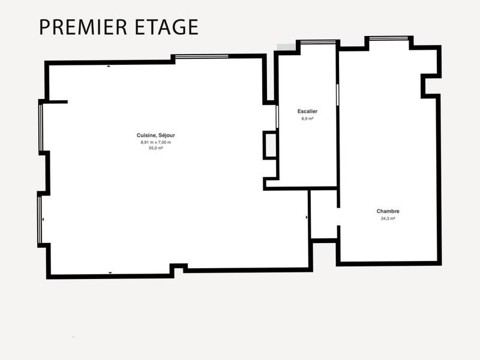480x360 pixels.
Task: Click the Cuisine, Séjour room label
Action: (156, 136)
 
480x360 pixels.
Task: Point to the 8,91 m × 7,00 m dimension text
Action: (156, 142)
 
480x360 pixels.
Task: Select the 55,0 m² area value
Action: (156, 148)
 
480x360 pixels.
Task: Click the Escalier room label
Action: (307, 112)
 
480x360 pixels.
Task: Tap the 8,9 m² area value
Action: (307, 119)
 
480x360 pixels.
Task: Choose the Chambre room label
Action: (388, 211)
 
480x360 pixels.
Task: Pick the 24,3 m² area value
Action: (388, 218)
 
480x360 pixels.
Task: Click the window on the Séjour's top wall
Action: (202, 56)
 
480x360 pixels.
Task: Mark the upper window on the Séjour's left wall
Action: (40, 127)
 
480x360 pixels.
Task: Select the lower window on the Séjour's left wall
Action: (40, 220)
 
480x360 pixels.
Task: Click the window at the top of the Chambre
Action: (389, 38)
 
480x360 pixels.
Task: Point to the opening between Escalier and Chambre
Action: (338, 96)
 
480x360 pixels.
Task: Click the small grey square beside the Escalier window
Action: (286, 47)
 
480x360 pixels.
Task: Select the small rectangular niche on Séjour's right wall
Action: (271, 145)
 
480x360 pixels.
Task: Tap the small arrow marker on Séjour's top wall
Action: (109, 66)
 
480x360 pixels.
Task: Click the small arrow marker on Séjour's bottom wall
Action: (110, 273)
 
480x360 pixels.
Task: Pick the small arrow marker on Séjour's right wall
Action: (307, 217)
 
